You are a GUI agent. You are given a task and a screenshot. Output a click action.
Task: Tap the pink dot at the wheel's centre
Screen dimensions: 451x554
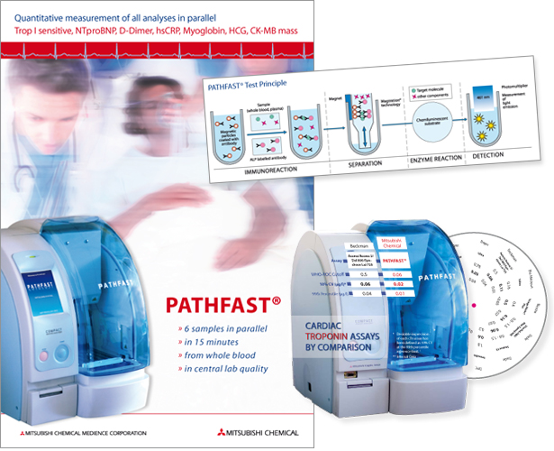coord(500,307)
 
